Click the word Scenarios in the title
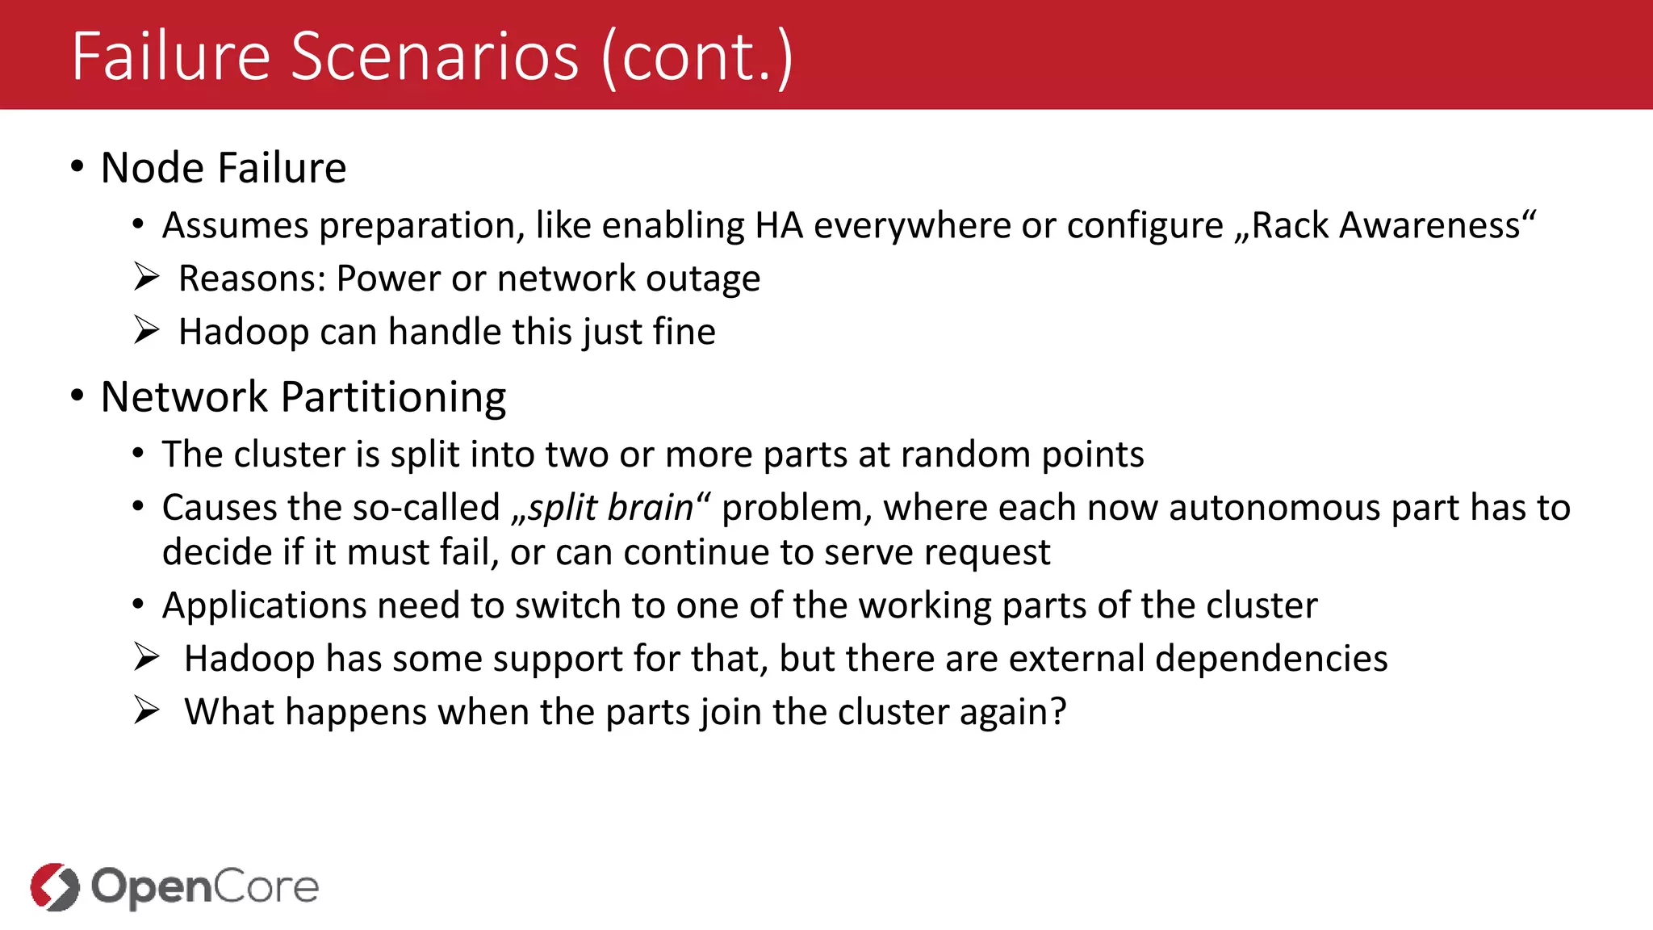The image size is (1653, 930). (x=434, y=57)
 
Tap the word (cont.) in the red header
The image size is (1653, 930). (x=697, y=58)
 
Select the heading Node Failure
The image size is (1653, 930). (x=224, y=168)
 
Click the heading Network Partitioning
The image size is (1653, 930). (x=303, y=397)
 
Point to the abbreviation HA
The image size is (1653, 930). (x=779, y=225)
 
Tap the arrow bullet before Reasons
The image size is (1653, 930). (x=147, y=278)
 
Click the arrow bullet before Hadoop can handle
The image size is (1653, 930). (x=147, y=331)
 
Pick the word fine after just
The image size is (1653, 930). (x=684, y=332)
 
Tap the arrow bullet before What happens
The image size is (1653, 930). (x=147, y=711)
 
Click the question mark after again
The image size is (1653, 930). (x=1058, y=712)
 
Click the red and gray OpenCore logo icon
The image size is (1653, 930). (x=55, y=887)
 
